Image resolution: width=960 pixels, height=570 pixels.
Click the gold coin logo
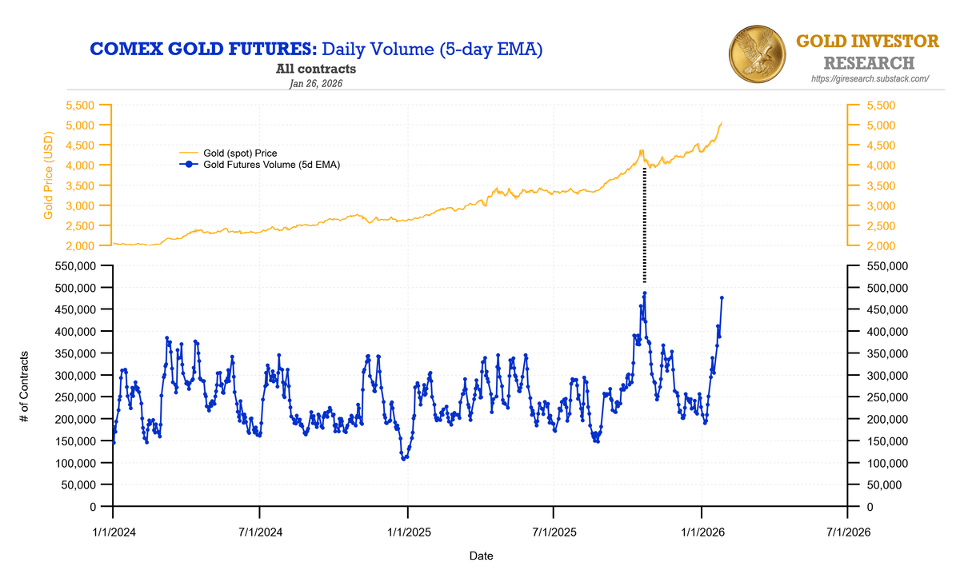click(758, 52)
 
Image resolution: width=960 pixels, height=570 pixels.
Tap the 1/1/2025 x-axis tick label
click(407, 531)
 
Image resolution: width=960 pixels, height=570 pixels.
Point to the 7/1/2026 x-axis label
click(848, 531)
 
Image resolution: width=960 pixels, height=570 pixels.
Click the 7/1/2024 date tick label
click(260, 531)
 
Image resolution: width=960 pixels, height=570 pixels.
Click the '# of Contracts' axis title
click(26, 386)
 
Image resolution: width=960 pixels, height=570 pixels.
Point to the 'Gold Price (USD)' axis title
click(49, 175)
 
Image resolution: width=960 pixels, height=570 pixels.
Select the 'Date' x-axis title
click(481, 555)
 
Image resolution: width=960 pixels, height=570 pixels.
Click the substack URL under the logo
click(870, 78)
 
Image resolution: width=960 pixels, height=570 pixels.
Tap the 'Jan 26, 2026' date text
click(316, 83)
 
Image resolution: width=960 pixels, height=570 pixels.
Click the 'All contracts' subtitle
click(316, 70)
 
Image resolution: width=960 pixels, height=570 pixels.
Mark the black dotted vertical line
click(644, 224)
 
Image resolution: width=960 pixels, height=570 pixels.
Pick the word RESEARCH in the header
click(869, 62)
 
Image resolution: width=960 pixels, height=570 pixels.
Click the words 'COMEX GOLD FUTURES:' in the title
click(204, 50)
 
